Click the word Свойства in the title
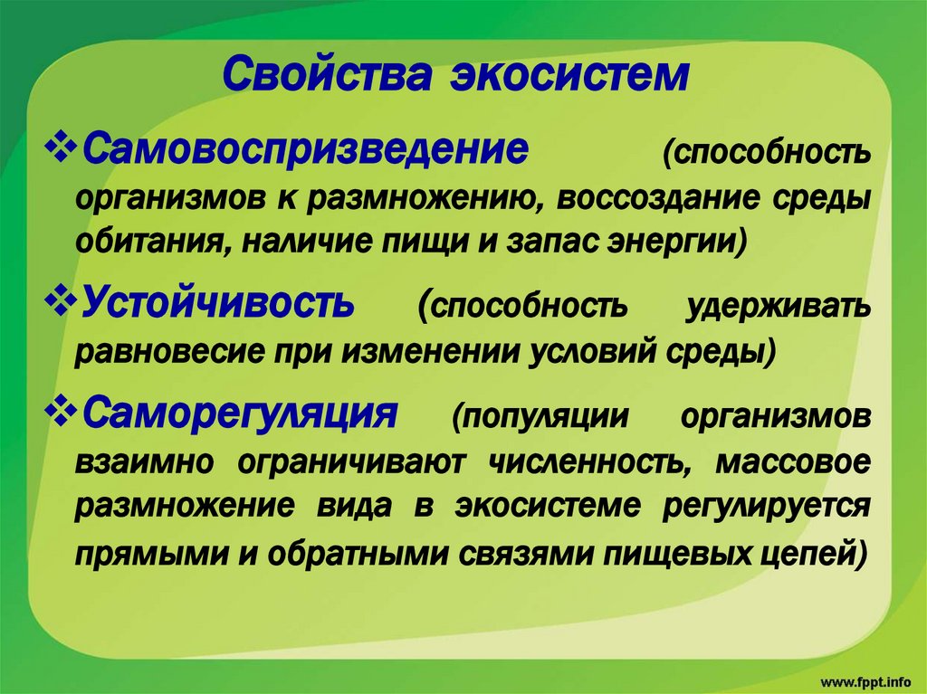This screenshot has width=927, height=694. [x=326, y=74]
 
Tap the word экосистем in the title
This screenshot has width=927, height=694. [x=570, y=75]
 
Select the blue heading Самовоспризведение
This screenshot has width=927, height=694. [x=306, y=149]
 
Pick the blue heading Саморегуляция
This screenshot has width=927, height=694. [x=240, y=413]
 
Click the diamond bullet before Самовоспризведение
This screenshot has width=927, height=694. [x=61, y=148]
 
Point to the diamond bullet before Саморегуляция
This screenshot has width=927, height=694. [x=61, y=412]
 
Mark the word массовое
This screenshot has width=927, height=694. [x=793, y=462]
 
